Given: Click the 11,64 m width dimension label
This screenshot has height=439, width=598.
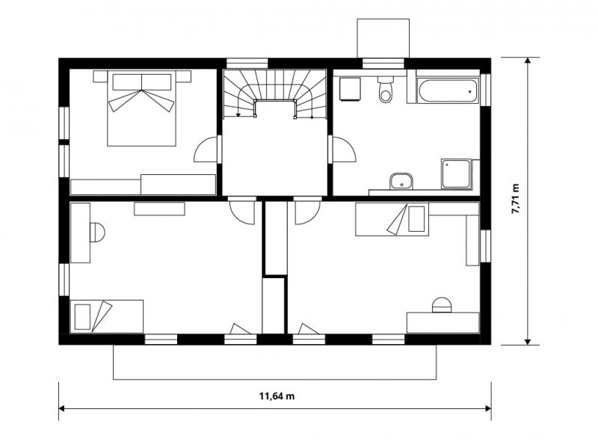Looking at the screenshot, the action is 277,396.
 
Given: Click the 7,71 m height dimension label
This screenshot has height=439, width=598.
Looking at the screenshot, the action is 515,199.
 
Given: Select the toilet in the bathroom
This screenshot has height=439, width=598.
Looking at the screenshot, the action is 386,89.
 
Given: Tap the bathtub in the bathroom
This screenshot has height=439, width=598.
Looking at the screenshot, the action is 447,90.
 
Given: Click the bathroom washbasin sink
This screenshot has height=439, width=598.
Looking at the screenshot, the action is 401,181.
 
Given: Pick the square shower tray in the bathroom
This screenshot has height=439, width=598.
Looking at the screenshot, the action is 457,174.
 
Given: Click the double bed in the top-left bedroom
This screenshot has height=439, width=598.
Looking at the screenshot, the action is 141,108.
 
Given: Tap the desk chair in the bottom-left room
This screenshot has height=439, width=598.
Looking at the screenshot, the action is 97,233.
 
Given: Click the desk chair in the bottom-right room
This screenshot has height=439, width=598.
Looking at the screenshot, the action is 442,304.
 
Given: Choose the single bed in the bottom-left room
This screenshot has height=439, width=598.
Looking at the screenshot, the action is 107,316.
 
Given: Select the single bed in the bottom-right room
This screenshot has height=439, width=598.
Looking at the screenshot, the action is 392,219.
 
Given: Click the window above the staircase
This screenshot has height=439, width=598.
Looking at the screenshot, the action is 247,64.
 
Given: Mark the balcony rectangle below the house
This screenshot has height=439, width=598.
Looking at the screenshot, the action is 274,362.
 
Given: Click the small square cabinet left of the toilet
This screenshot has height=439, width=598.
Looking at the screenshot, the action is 350,89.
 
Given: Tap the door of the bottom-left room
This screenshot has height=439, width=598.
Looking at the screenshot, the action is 242,212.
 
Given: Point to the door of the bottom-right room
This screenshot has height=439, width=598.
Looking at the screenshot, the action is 307,212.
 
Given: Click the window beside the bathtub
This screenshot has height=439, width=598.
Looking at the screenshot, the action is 485,89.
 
